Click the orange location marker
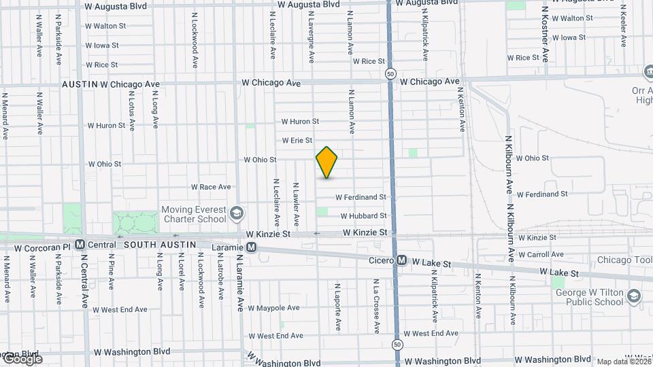(x=327, y=162)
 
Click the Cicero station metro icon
(x=402, y=260)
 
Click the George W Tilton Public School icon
(x=634, y=296)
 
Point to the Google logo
(x=22, y=358)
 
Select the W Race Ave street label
(x=211, y=187)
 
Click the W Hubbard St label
(x=363, y=215)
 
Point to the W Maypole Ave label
(x=273, y=308)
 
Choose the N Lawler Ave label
(x=297, y=204)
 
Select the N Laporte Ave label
(x=337, y=306)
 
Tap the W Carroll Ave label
(x=541, y=254)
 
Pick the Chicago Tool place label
(x=624, y=260)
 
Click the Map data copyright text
(x=623, y=362)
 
